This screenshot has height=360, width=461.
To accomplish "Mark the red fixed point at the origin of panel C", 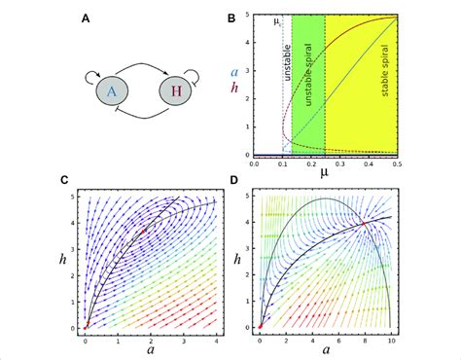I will (x=88, y=327).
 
